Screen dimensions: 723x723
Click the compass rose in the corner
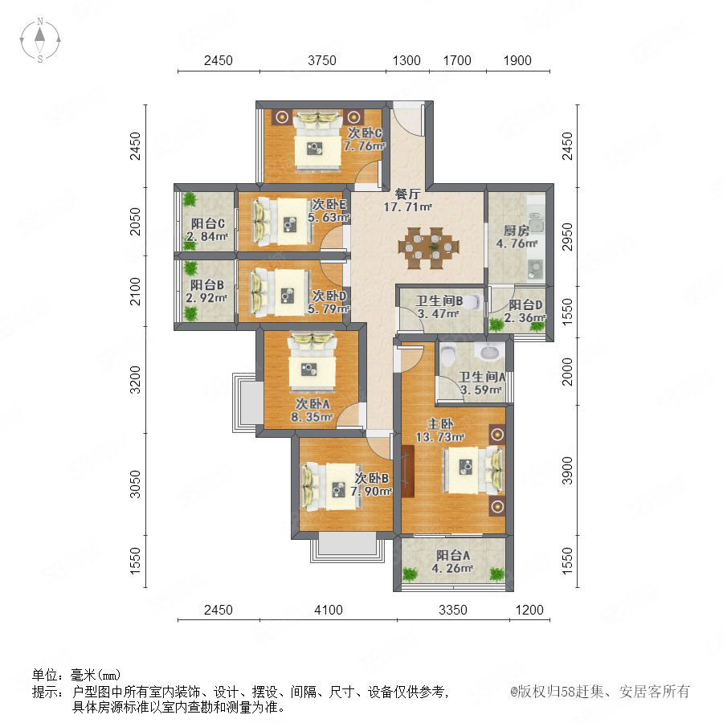coord(40,39)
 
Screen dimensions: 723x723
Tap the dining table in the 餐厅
coord(429,247)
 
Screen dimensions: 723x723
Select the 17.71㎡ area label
coord(407,207)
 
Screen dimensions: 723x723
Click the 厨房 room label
coord(516,230)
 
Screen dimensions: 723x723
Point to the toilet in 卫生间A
coord(447,354)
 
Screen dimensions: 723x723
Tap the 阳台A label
coord(453,556)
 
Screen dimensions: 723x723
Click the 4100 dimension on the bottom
coord(329,610)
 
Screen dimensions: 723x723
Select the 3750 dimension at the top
coord(322,60)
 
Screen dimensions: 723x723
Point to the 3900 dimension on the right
coord(567,471)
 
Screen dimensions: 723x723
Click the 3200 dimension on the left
coord(135,380)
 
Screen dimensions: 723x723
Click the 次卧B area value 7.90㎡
coord(371,491)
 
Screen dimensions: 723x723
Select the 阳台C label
coord(208,223)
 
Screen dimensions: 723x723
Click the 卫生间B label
coord(439,301)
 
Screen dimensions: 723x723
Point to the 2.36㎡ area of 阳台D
coord(525,317)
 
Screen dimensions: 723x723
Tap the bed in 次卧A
coord(312,362)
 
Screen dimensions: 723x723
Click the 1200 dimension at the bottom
coord(529,610)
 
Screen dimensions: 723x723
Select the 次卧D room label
coord(329,296)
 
